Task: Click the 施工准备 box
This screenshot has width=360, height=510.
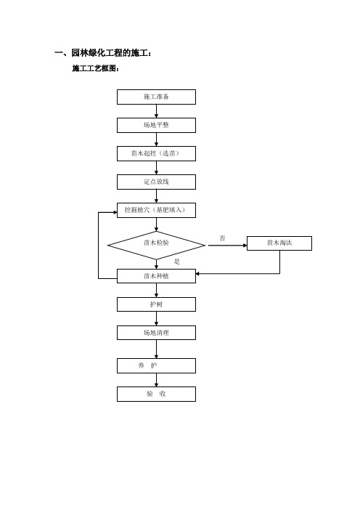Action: pyautogui.click(x=156, y=97)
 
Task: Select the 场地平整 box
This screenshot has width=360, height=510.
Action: pyautogui.click(x=156, y=125)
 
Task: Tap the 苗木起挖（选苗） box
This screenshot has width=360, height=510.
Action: pyautogui.click(x=156, y=153)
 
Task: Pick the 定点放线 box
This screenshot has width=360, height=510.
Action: pyautogui.click(x=156, y=182)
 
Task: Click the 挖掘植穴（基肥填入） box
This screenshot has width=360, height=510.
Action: pyautogui.click(x=156, y=210)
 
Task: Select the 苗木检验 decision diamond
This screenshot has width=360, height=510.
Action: pyautogui.click(x=156, y=246)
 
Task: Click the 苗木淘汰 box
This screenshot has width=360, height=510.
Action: pyautogui.click(x=279, y=243)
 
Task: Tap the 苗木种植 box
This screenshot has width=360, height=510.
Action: pyautogui.click(x=156, y=276)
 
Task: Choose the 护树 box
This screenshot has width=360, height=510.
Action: pyautogui.click(x=156, y=304)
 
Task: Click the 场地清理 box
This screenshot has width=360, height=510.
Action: pyautogui.click(x=156, y=333)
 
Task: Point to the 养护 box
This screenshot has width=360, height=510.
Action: pyautogui.click(x=156, y=365)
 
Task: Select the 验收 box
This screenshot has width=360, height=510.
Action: pyautogui.click(x=156, y=394)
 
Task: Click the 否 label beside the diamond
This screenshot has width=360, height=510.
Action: pyautogui.click(x=222, y=238)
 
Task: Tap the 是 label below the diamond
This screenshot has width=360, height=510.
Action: pyautogui.click(x=177, y=262)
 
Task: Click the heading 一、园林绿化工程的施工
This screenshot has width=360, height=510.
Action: pyautogui.click(x=103, y=53)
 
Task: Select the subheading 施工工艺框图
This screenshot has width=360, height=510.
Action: pyautogui.click(x=96, y=68)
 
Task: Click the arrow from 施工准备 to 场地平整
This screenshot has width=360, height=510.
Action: pyautogui.click(x=156, y=111)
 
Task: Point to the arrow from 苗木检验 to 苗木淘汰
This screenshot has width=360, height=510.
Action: pyautogui.click(x=227, y=246)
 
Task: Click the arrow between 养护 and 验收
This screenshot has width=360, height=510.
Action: pyautogui.click(x=156, y=380)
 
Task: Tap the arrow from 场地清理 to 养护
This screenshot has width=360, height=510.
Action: pyautogui.click(x=156, y=349)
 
